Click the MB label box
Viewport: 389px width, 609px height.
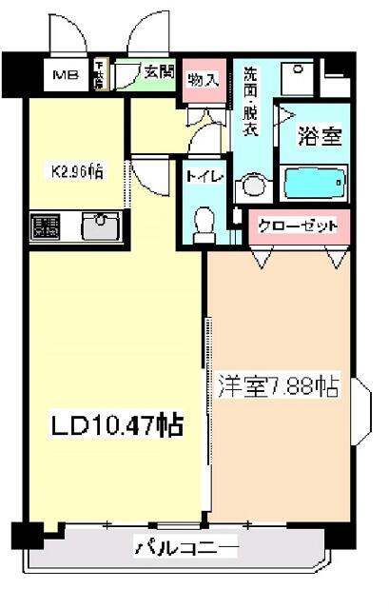click(66, 73)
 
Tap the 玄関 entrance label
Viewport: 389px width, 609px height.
click(157, 70)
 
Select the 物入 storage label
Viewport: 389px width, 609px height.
click(202, 79)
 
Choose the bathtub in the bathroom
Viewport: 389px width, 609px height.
click(315, 181)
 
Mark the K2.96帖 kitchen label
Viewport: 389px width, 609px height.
click(77, 172)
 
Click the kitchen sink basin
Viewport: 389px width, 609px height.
click(98, 226)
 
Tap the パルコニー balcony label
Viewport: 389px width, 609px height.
click(185, 548)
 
